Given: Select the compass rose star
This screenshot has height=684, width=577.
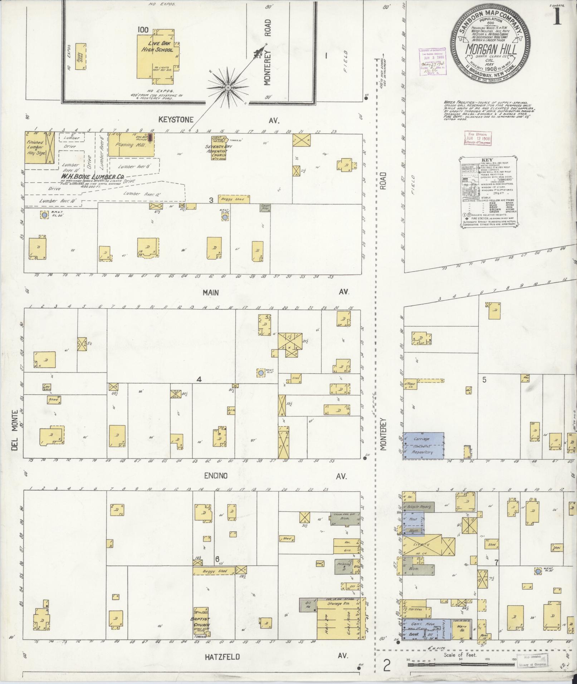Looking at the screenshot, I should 228,88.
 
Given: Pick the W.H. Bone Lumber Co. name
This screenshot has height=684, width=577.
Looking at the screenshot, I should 92,177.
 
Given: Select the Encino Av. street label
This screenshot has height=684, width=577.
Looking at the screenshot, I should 216,476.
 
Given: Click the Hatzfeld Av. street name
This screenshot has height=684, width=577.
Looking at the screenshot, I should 222,657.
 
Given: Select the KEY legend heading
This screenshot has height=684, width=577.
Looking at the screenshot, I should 487,160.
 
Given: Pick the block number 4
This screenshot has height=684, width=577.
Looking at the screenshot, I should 199,379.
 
